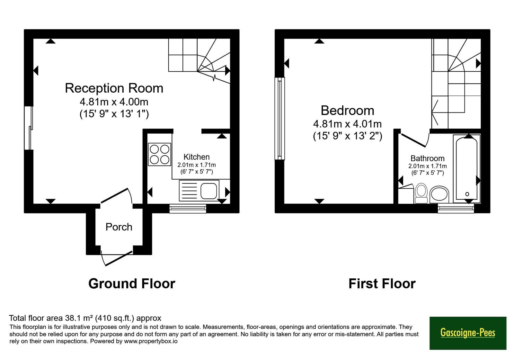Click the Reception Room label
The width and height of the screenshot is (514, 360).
click(114, 88)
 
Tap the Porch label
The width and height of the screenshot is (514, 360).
click(119, 227)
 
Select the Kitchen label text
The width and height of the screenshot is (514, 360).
click(197, 157)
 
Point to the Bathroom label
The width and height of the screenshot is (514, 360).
click(428, 158)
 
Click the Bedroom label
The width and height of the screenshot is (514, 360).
click(347, 111)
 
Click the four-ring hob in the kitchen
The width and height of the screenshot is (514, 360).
click(159, 154)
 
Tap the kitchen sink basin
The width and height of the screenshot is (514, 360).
click(208, 191)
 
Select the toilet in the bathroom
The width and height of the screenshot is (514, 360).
click(421, 193)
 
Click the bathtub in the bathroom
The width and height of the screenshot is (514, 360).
click(467, 169)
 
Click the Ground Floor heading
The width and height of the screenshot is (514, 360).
click(132, 283)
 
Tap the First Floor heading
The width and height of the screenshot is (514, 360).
click(382, 283)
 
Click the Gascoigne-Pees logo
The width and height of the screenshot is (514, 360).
click(468, 333)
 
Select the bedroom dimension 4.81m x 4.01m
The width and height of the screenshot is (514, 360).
click(347, 124)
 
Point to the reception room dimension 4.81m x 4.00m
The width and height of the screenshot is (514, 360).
click(114, 102)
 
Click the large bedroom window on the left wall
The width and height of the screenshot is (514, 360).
click(280, 119)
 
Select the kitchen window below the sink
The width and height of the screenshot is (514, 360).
click(188, 209)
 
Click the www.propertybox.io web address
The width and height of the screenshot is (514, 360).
click(151, 341)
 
